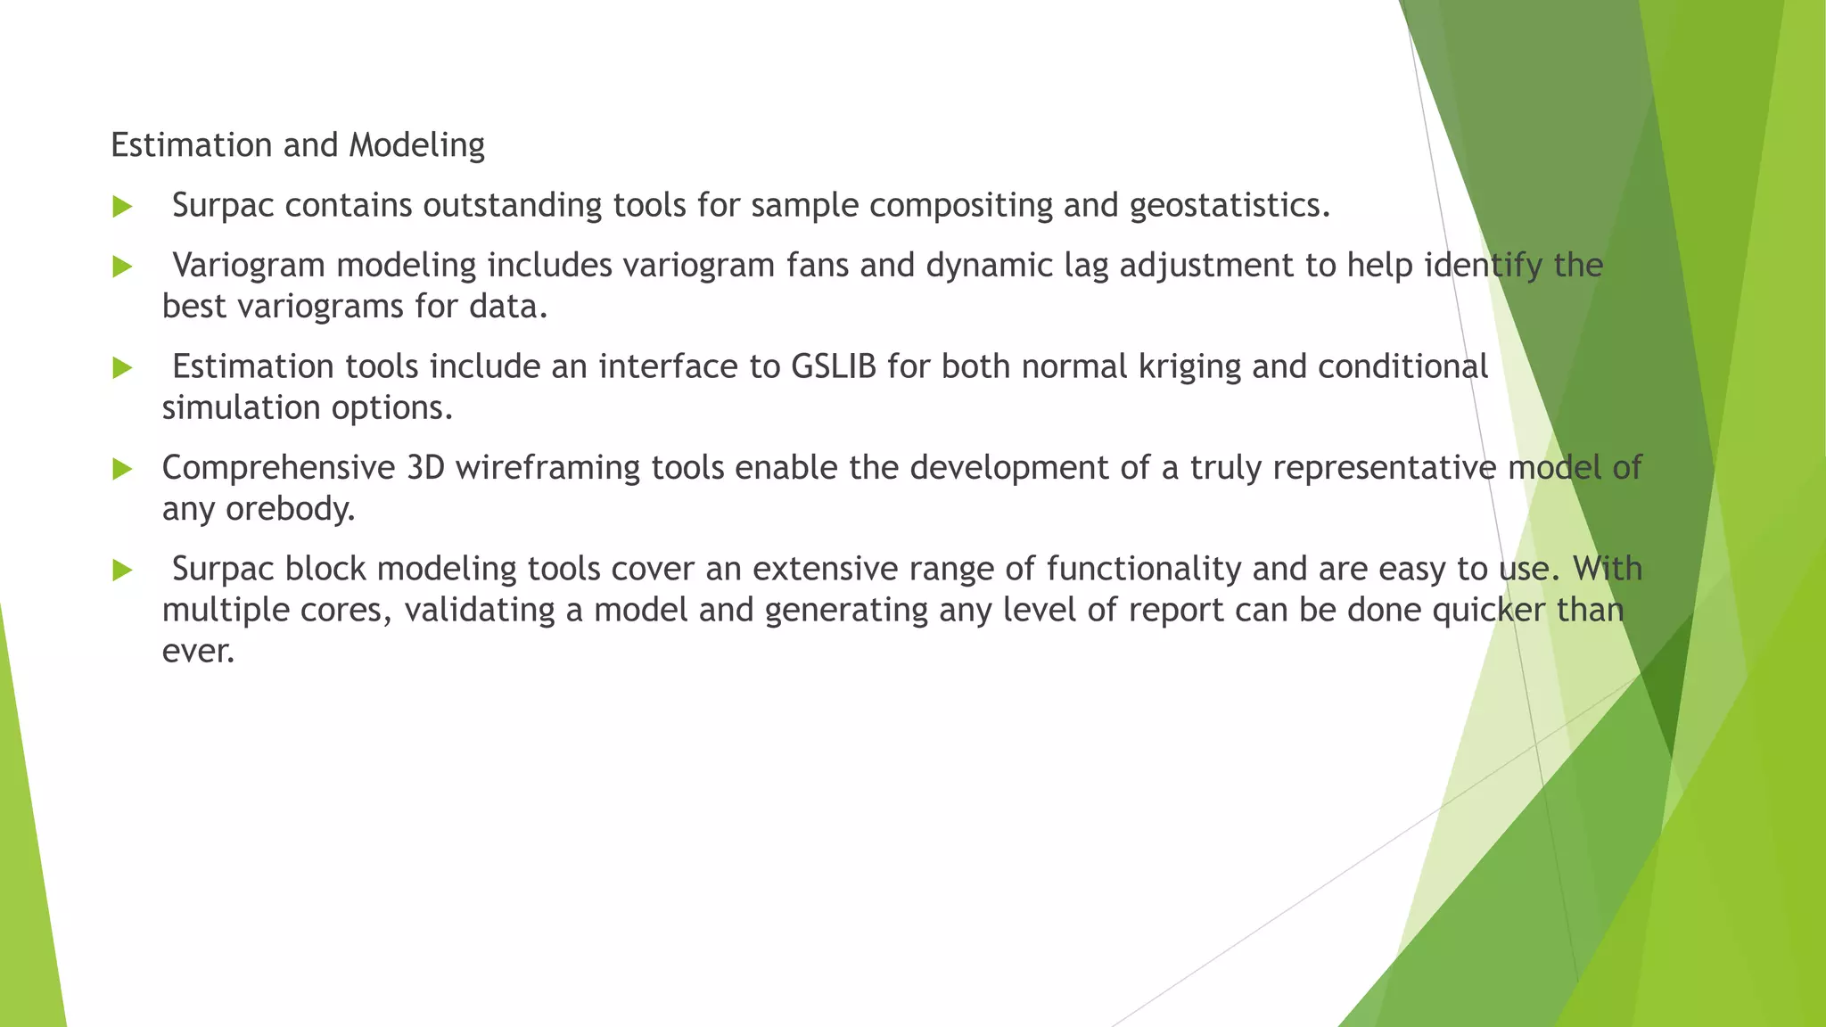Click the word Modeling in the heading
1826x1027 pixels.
tap(416, 145)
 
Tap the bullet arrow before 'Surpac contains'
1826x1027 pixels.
tap(122, 208)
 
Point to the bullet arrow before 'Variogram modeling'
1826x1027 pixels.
tap(122, 267)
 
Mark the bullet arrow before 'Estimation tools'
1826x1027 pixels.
tap(122, 368)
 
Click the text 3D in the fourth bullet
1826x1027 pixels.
tap(425, 468)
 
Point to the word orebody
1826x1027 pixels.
tap(290, 509)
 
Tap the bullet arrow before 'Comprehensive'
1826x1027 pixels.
tap(122, 470)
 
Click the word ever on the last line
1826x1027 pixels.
tap(197, 651)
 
